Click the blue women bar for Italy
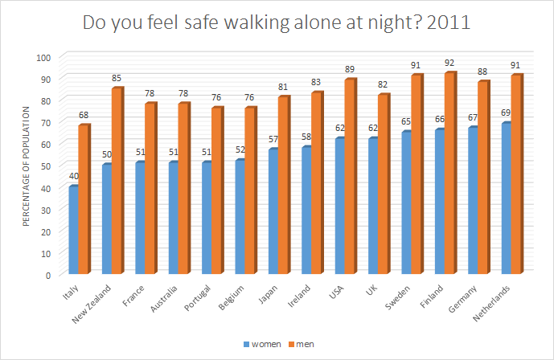click(x=74, y=231)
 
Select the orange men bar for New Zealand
click(x=117, y=182)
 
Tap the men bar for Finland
click(x=449, y=174)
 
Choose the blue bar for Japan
click(x=273, y=212)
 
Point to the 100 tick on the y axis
click(x=43, y=57)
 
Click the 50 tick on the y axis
click(x=46, y=166)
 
